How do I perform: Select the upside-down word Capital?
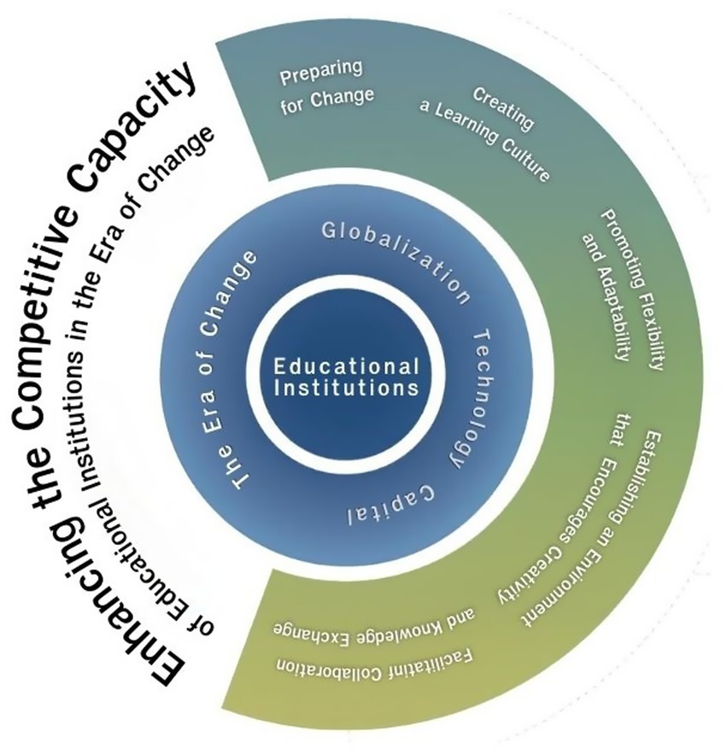(x=393, y=505)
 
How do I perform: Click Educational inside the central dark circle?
(x=346, y=366)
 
